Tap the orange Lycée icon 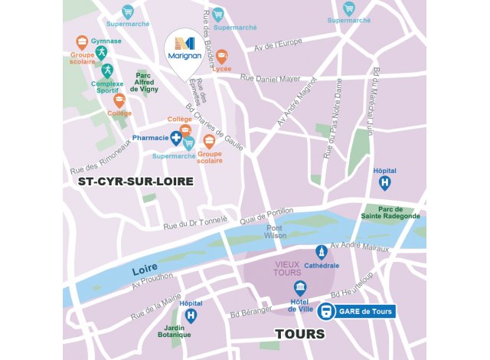pyautogui.click(x=221, y=56)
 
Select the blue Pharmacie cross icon pyautogui.click(x=177, y=138)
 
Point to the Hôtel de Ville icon pyautogui.click(x=300, y=288)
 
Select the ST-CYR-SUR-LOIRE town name pyautogui.click(x=136, y=182)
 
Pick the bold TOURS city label pyautogui.click(x=300, y=335)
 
